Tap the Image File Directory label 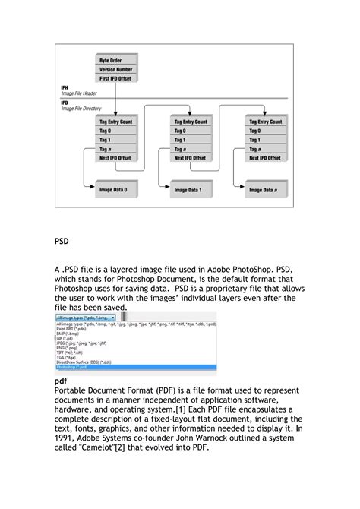[x=81, y=109]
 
